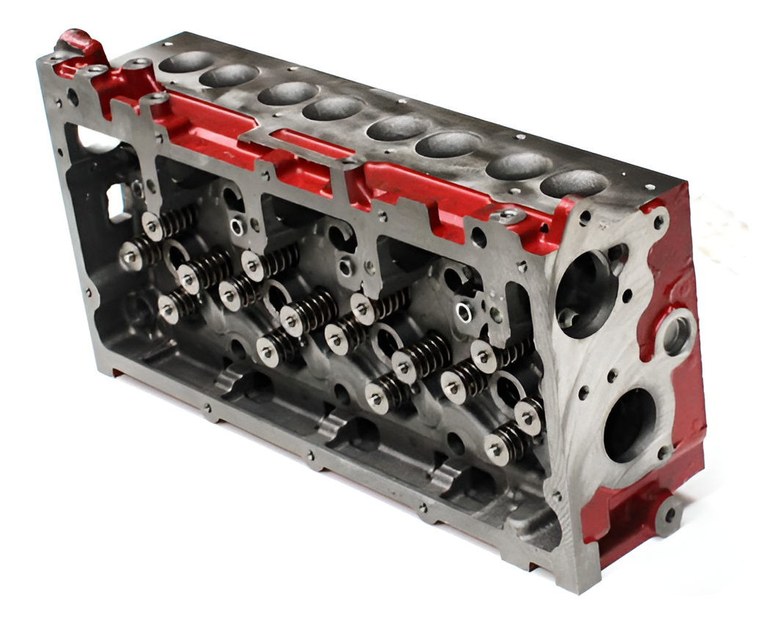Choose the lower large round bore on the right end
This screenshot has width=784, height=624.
[629, 425]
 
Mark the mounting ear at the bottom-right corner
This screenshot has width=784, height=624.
[668, 514]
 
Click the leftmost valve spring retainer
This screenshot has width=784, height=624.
[131, 256]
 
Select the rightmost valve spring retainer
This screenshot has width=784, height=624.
[528, 416]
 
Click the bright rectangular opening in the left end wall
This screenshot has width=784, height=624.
[117, 201]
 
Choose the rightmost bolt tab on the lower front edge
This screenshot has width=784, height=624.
[424, 509]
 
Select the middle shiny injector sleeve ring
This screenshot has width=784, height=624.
[345, 268]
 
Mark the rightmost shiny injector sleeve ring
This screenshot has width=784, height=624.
[464, 313]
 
